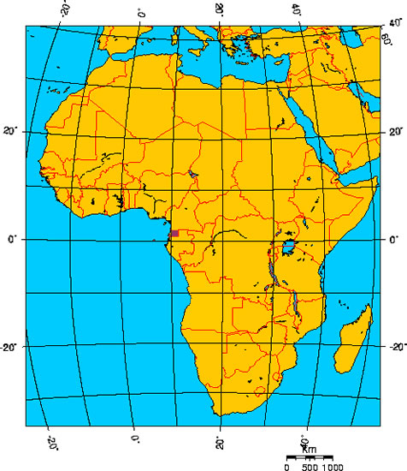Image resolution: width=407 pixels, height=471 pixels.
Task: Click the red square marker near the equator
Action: click(x=174, y=233)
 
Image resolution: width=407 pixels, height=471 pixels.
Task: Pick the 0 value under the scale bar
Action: click(x=287, y=467)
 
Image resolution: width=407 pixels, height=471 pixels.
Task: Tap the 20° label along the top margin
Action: click(x=219, y=9)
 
